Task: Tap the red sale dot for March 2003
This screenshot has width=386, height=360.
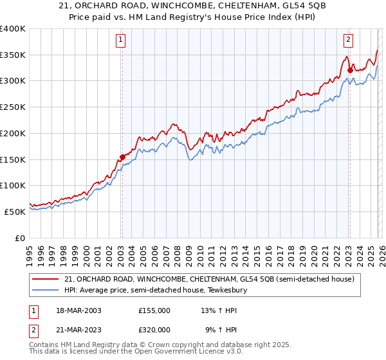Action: (x=122, y=156)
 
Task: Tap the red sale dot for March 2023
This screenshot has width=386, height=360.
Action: (x=350, y=71)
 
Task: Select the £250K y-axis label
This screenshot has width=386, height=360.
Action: (x=13, y=107)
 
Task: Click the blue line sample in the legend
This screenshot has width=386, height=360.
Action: (x=46, y=291)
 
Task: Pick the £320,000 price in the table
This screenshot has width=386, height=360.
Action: (x=154, y=329)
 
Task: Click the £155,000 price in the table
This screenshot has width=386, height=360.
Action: (x=154, y=310)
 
